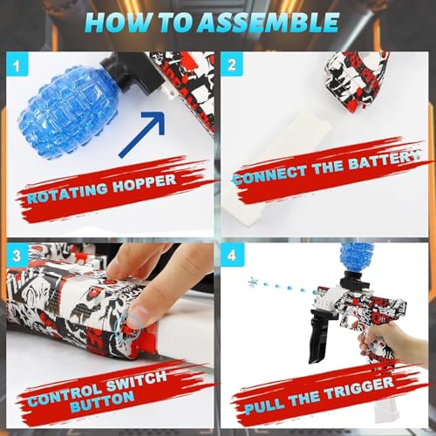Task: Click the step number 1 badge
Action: pos(16,64)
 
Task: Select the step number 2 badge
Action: pos(232,64)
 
